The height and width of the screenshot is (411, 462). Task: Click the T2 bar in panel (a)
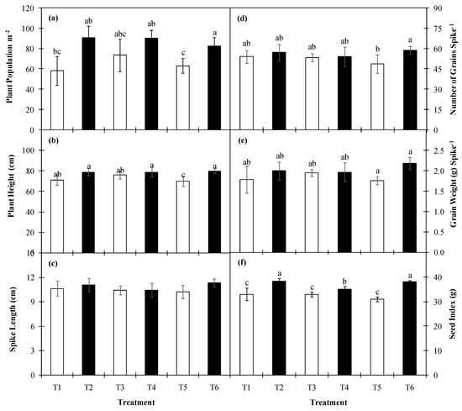coord(88,84)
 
